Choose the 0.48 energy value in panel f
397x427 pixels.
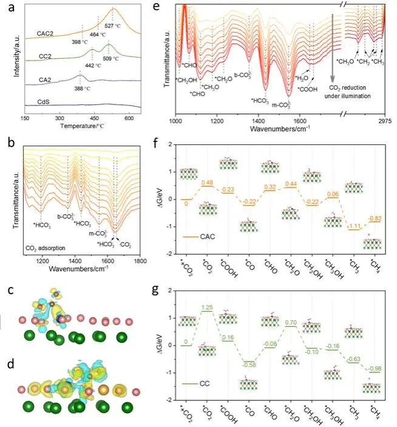coord(206,182)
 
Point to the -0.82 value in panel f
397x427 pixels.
coord(376,218)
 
